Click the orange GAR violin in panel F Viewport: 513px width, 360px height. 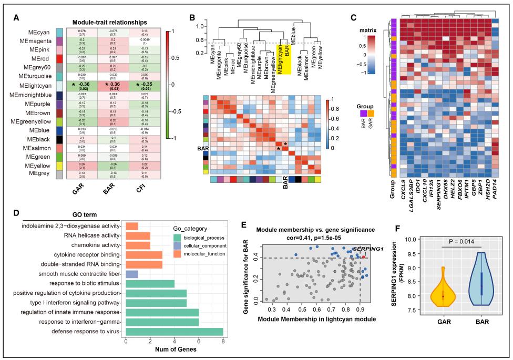tap(443, 297)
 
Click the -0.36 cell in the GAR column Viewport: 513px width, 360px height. tap(83, 84)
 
